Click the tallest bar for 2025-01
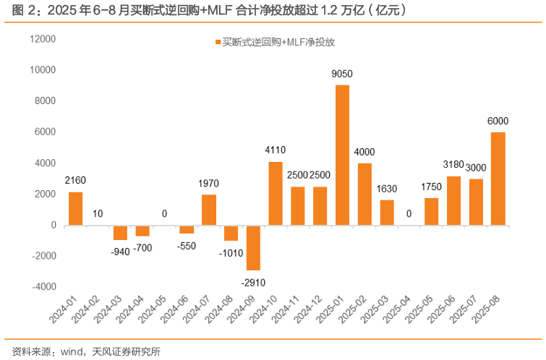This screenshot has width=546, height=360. coord(342,155)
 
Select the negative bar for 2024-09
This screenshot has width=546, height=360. coord(253,247)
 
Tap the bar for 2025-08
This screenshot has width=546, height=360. coord(498,179)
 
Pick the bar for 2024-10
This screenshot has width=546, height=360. coord(276,193)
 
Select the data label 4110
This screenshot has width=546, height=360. coord(276,150)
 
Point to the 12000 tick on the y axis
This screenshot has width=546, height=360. coord(43,39)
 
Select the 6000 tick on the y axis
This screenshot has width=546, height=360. coord(46,132)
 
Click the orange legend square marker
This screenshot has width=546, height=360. coord(216,43)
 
